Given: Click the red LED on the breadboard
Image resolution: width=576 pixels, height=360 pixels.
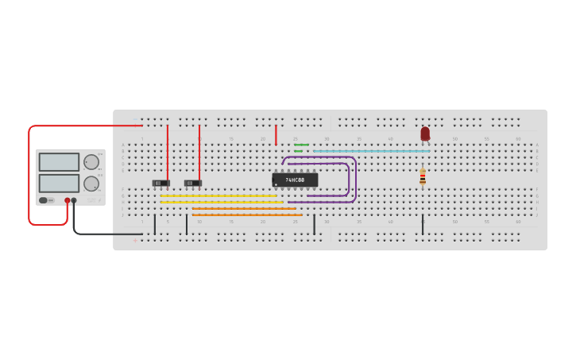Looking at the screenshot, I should pyautogui.click(x=425, y=134).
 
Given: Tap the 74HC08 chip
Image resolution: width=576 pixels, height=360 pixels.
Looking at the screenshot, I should pyautogui.click(x=295, y=180).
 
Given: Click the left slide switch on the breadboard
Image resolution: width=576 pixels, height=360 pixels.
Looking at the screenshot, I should pyautogui.click(x=161, y=184).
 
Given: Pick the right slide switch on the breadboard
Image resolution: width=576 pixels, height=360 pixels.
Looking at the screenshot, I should pyautogui.click(x=193, y=184).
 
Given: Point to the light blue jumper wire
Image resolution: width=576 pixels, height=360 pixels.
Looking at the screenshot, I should pyautogui.click(x=371, y=151).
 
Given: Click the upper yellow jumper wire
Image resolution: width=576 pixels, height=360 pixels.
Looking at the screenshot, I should pyautogui.click(x=218, y=195).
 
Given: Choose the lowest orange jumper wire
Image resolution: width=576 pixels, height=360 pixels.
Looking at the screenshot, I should pyautogui.click(x=246, y=215).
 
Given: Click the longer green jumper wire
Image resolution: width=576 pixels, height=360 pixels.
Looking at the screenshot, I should pyautogui.click(x=301, y=145).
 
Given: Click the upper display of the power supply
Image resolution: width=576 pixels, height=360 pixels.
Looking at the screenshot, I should pyautogui.click(x=59, y=162).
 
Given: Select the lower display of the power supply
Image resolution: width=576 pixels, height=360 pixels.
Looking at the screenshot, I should pyautogui.click(x=59, y=183).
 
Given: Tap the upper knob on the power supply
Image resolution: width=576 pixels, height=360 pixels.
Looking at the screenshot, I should pyautogui.click(x=91, y=162).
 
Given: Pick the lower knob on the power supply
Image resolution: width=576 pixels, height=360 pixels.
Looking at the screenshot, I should pyautogui.click(x=91, y=183).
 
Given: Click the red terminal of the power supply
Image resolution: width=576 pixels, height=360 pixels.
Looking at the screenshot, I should pyautogui.click(x=68, y=200).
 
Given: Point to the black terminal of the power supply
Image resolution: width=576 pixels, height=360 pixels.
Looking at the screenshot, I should pyautogui.click(x=74, y=200).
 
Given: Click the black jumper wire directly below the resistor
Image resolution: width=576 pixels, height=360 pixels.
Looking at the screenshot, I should pyautogui.click(x=423, y=224).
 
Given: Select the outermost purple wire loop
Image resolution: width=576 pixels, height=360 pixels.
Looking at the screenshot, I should pyautogui.click(x=355, y=178).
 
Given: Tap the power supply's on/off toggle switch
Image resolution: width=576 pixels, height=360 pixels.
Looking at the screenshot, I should pyautogui.click(x=45, y=200).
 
